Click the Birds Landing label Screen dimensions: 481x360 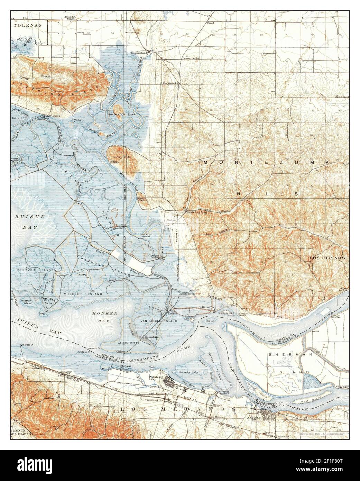[196, 212]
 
